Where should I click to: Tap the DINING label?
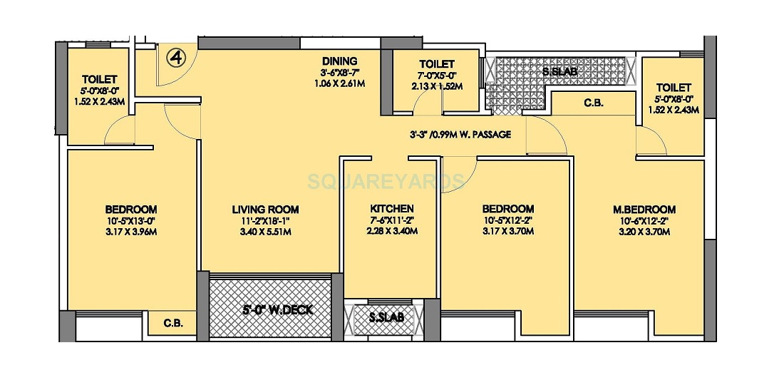coord(339,61)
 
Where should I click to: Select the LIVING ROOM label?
coord(265,210)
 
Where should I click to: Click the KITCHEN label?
coord(391,209)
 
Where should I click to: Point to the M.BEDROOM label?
coord(644,210)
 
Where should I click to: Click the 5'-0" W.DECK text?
coord(270,310)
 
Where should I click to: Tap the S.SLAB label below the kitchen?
coord(386,318)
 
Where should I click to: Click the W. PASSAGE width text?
coord(460,134)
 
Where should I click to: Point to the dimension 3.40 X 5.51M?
coord(265,232)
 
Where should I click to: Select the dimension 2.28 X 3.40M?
coord(391,231)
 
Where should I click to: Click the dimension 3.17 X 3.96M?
coord(130,232)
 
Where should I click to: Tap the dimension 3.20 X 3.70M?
coord(644,232)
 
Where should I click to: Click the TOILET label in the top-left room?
coord(100,79)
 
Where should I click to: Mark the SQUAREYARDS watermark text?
coord(386,182)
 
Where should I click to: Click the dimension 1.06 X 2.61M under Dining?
coord(339,83)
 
